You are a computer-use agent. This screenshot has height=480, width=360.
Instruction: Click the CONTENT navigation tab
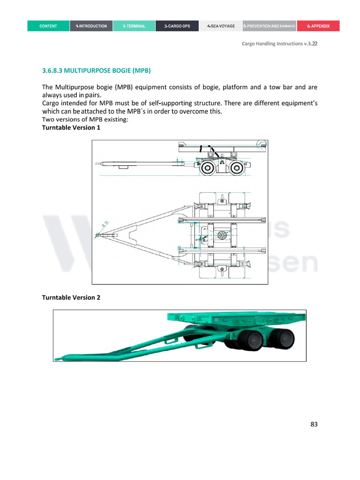point(48,26)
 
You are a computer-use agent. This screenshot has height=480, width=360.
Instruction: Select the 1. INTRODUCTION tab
point(91,26)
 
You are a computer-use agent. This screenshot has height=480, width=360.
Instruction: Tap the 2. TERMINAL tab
point(134,26)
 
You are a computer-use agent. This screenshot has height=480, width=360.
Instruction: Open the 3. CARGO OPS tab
point(177,26)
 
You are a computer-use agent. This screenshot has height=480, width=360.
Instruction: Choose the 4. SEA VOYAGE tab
point(221,26)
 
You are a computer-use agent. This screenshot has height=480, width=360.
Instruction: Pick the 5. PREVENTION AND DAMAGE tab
point(269,26)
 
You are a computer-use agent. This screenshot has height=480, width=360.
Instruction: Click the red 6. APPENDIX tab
point(318,26)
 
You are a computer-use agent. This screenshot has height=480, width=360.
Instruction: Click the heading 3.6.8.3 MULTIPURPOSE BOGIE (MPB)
point(97,71)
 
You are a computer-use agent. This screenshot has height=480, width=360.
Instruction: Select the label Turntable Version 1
point(71,127)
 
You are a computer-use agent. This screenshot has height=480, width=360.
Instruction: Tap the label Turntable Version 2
point(71,298)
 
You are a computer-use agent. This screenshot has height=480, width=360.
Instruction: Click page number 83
point(314,425)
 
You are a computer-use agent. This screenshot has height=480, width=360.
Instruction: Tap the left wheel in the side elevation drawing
point(207,169)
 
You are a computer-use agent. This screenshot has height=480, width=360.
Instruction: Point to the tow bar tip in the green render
point(58,359)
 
